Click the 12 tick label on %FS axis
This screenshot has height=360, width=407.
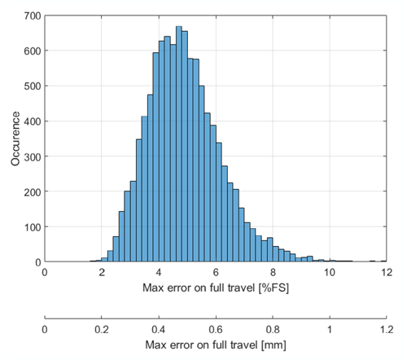pos(386,273)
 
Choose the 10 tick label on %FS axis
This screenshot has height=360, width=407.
pos(329,273)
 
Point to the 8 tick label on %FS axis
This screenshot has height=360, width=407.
pos(273,273)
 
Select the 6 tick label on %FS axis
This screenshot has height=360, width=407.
pos(216,273)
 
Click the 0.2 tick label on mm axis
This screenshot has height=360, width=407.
pos(102,328)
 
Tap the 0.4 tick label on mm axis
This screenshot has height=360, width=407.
pos(159,328)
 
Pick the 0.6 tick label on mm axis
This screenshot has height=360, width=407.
pos(216,328)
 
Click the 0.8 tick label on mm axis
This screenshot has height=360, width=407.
pos(273,328)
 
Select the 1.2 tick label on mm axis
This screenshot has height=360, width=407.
pos(386,328)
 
